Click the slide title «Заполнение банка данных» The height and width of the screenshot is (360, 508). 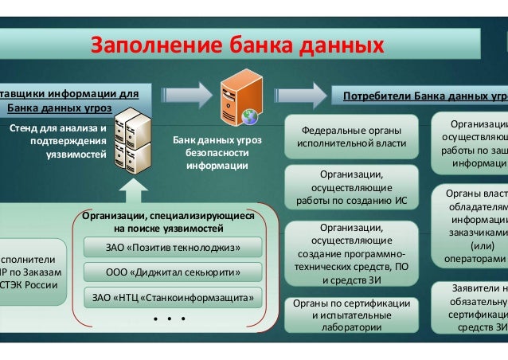[238, 44]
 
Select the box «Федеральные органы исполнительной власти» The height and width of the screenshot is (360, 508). [351, 137]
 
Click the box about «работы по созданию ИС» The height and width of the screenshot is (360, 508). [351, 187]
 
